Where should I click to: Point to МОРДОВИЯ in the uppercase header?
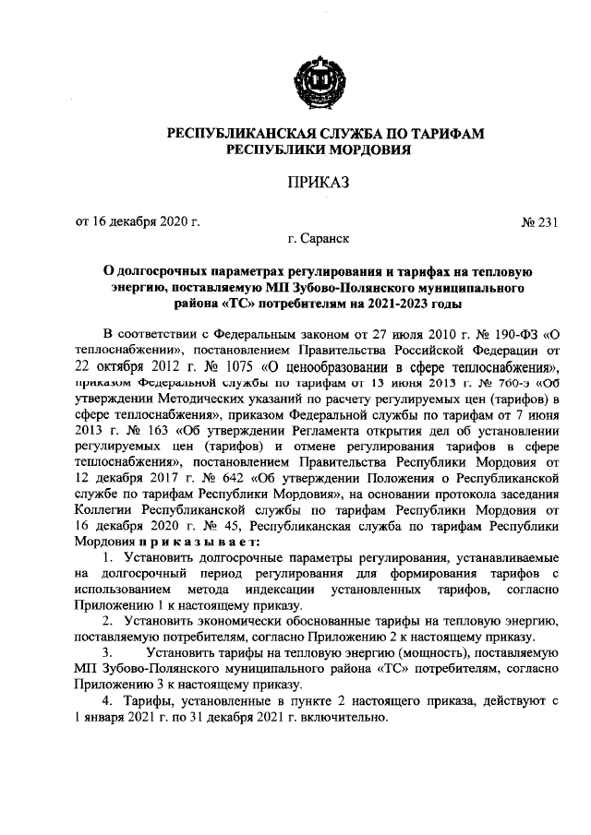(x=361, y=149)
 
